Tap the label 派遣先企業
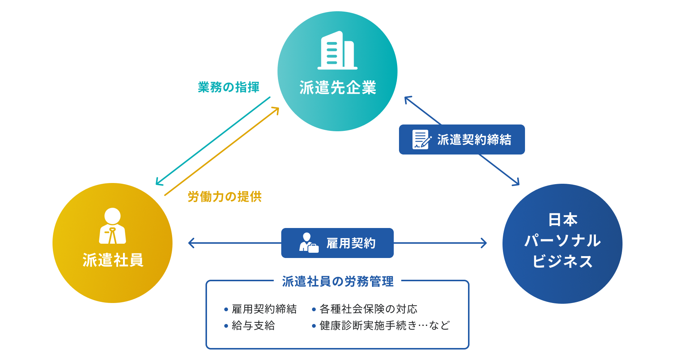click(337, 88)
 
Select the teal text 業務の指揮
click(228, 87)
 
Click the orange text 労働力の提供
click(224, 196)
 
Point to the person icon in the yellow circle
click(112, 226)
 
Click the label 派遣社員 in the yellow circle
click(112, 260)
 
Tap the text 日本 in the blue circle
click(562, 220)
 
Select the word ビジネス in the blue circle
click(562, 261)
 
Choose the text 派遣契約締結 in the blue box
click(474, 139)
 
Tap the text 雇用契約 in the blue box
click(351, 243)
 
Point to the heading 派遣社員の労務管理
click(337, 281)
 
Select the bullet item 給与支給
click(253, 325)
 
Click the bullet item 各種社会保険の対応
click(368, 309)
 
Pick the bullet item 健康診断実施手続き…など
click(384, 325)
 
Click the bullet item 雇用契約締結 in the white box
click(264, 309)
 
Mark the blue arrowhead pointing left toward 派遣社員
click(190, 243)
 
